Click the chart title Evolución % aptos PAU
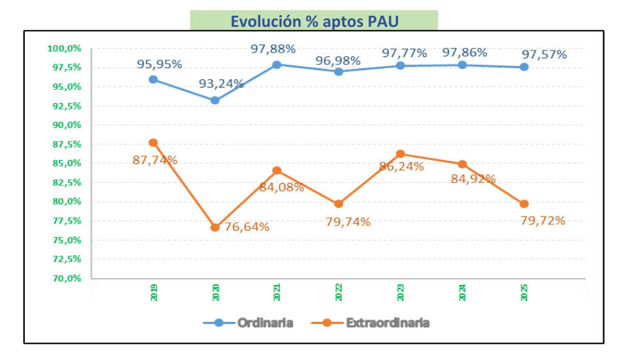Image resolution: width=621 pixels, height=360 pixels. tap(314, 20)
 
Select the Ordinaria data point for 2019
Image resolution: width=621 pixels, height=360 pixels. tap(153, 79)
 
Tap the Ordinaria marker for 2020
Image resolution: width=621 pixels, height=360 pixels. tap(215, 100)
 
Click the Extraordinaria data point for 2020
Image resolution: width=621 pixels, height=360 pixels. tap(215, 228)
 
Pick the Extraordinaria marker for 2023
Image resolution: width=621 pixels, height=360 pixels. tap(401, 154)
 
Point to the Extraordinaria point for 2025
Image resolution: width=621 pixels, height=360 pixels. tap(524, 204)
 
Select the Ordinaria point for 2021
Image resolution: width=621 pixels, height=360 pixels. tap(277, 65)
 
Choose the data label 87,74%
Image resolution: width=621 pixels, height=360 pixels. tap(155, 159)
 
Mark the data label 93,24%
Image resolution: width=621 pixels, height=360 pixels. tap(222, 84)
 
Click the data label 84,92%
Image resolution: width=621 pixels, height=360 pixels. tap(473, 178)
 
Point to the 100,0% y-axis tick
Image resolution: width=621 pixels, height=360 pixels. tap(64, 49)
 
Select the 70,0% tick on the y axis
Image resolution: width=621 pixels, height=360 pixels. tap(66, 279)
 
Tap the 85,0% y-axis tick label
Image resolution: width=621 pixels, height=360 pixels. tap(66, 163)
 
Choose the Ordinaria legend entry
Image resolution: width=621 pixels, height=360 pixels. tap(249, 323)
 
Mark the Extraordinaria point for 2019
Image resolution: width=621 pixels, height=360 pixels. tap(153, 143)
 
